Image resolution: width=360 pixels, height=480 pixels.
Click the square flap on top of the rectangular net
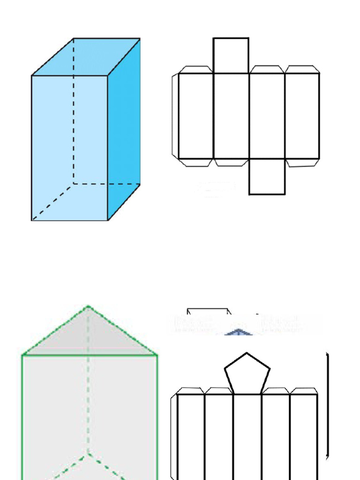[x=231, y=55]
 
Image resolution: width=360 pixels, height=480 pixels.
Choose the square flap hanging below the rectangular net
[x=267, y=177]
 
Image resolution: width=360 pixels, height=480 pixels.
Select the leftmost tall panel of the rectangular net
[x=196, y=116]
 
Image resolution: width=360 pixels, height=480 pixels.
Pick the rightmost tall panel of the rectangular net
[x=302, y=116]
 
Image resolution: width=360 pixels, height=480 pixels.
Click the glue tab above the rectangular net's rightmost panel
[x=302, y=69]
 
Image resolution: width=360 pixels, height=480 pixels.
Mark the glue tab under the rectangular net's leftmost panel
[x=196, y=163]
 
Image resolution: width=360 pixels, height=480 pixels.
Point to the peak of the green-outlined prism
[x=89, y=307]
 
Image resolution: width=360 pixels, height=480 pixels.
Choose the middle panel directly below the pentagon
[x=247, y=436]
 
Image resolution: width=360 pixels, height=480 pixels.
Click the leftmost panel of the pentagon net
[x=191, y=436]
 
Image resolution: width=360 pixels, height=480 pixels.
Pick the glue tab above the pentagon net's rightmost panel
[x=303, y=391]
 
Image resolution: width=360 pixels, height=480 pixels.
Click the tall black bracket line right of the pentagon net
[x=327, y=405]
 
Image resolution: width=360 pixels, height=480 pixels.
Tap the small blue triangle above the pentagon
[x=239, y=332]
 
